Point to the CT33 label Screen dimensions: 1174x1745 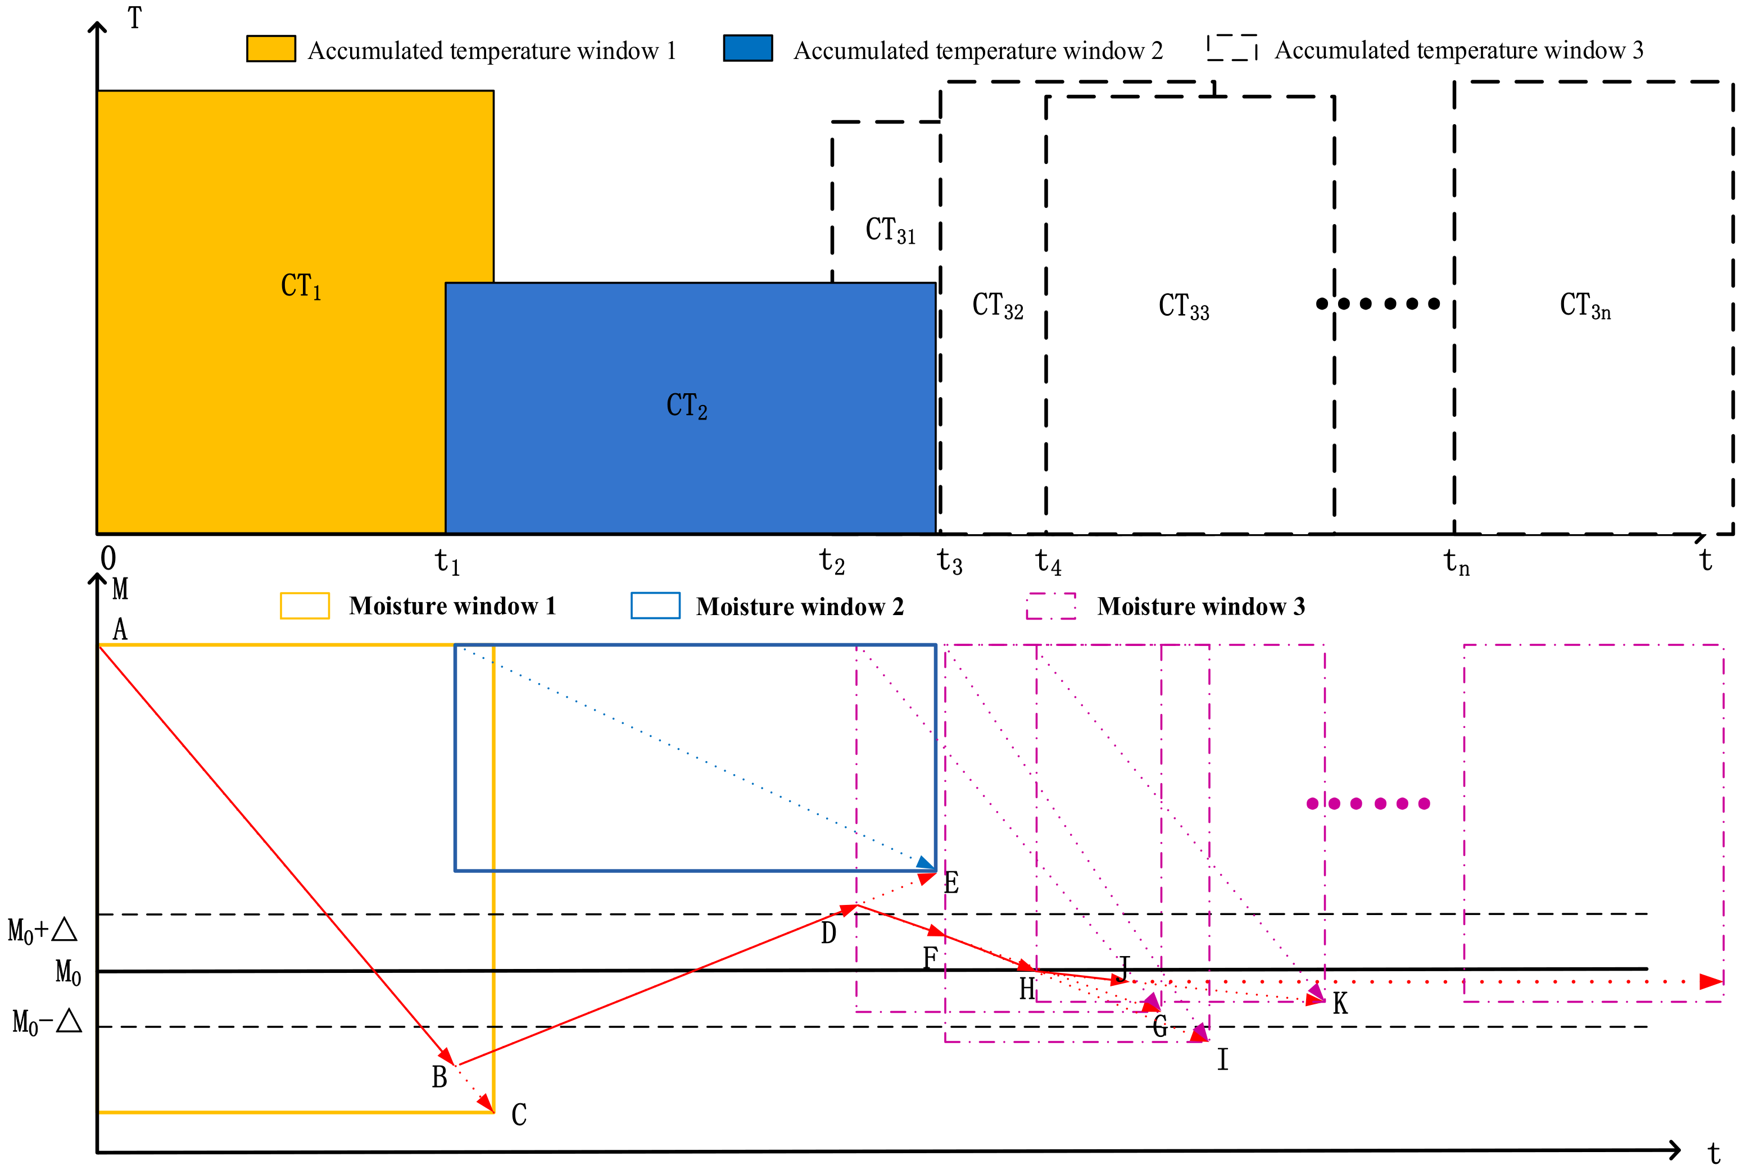[1184, 306]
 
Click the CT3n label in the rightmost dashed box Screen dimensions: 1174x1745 [1585, 306]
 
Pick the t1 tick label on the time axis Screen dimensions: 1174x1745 [447, 562]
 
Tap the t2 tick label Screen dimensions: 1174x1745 [831, 562]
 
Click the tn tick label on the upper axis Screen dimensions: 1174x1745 [1456, 562]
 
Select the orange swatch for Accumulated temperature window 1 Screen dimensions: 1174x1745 [270, 49]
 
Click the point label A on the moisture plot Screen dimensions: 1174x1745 [120, 630]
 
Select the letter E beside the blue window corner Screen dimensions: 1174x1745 [951, 882]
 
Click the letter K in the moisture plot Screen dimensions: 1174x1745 [1340, 1003]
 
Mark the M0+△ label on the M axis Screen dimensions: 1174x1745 [43, 931]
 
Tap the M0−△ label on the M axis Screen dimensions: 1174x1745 [47, 1022]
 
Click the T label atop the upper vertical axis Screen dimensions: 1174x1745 [135, 18]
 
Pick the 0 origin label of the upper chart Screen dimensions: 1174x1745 [108, 558]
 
